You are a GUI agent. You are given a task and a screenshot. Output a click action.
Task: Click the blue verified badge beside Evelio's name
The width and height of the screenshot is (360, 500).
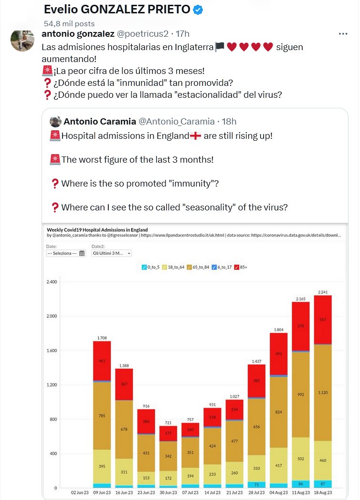point(197,10)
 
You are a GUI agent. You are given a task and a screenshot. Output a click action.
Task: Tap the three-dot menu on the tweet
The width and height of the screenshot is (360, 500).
point(343,34)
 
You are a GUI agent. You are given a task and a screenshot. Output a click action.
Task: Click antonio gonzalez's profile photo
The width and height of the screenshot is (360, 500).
point(22,41)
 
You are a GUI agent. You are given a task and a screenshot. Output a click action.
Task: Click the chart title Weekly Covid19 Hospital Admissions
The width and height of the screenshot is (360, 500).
point(97,229)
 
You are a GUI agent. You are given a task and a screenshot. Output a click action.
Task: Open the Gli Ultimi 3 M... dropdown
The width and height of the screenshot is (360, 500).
point(111,253)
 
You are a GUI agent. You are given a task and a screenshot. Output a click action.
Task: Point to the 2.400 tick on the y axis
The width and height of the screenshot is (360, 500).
point(52,282)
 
